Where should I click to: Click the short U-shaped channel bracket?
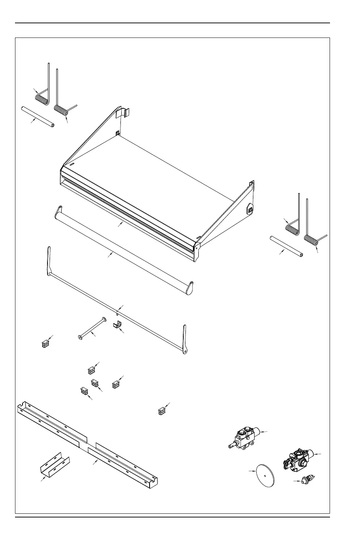pos(55,464)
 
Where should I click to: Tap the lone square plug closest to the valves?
pos(162,411)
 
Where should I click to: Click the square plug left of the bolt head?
pos(45,344)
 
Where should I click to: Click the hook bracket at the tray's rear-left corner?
pos(125,112)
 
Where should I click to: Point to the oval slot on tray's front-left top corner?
pos(72,165)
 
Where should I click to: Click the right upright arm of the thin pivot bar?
pos(185,337)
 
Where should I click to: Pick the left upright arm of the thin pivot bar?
pos(49,260)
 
